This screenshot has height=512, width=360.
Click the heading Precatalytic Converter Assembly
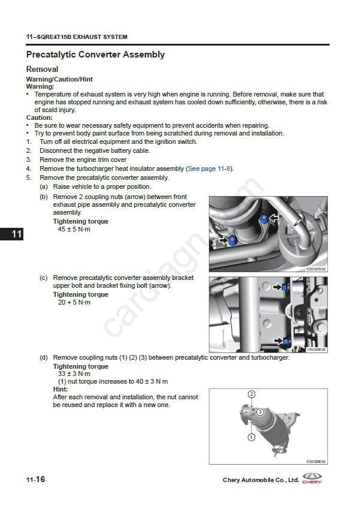pyautogui.click(x=95, y=55)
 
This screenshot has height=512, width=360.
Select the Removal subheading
pyautogui.click(x=43, y=70)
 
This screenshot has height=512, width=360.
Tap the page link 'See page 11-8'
pyautogui.click(x=209, y=168)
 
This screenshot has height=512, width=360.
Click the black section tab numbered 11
pyautogui.click(x=11, y=234)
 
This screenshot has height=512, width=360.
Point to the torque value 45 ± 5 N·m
pyautogui.click(x=74, y=230)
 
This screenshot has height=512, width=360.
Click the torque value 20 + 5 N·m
pyautogui.click(x=74, y=302)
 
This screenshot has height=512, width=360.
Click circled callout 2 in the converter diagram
pyautogui.click(x=252, y=394)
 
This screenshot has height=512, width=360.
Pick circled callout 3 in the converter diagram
pyautogui.click(x=260, y=412)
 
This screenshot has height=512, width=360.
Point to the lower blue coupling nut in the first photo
pyautogui.click(x=233, y=240)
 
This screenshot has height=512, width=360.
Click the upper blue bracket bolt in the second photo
pyautogui.click(x=286, y=288)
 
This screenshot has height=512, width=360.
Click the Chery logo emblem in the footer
pyautogui.click(x=312, y=478)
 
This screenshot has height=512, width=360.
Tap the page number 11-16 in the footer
pyautogui.click(x=36, y=479)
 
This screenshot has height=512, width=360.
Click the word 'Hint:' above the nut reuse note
pyautogui.click(x=61, y=389)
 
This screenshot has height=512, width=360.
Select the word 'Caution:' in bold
pyautogui.click(x=40, y=118)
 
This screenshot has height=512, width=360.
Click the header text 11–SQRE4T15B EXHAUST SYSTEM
pyautogui.click(x=77, y=37)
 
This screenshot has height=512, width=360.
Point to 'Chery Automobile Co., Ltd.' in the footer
pyautogui.click(x=261, y=480)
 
